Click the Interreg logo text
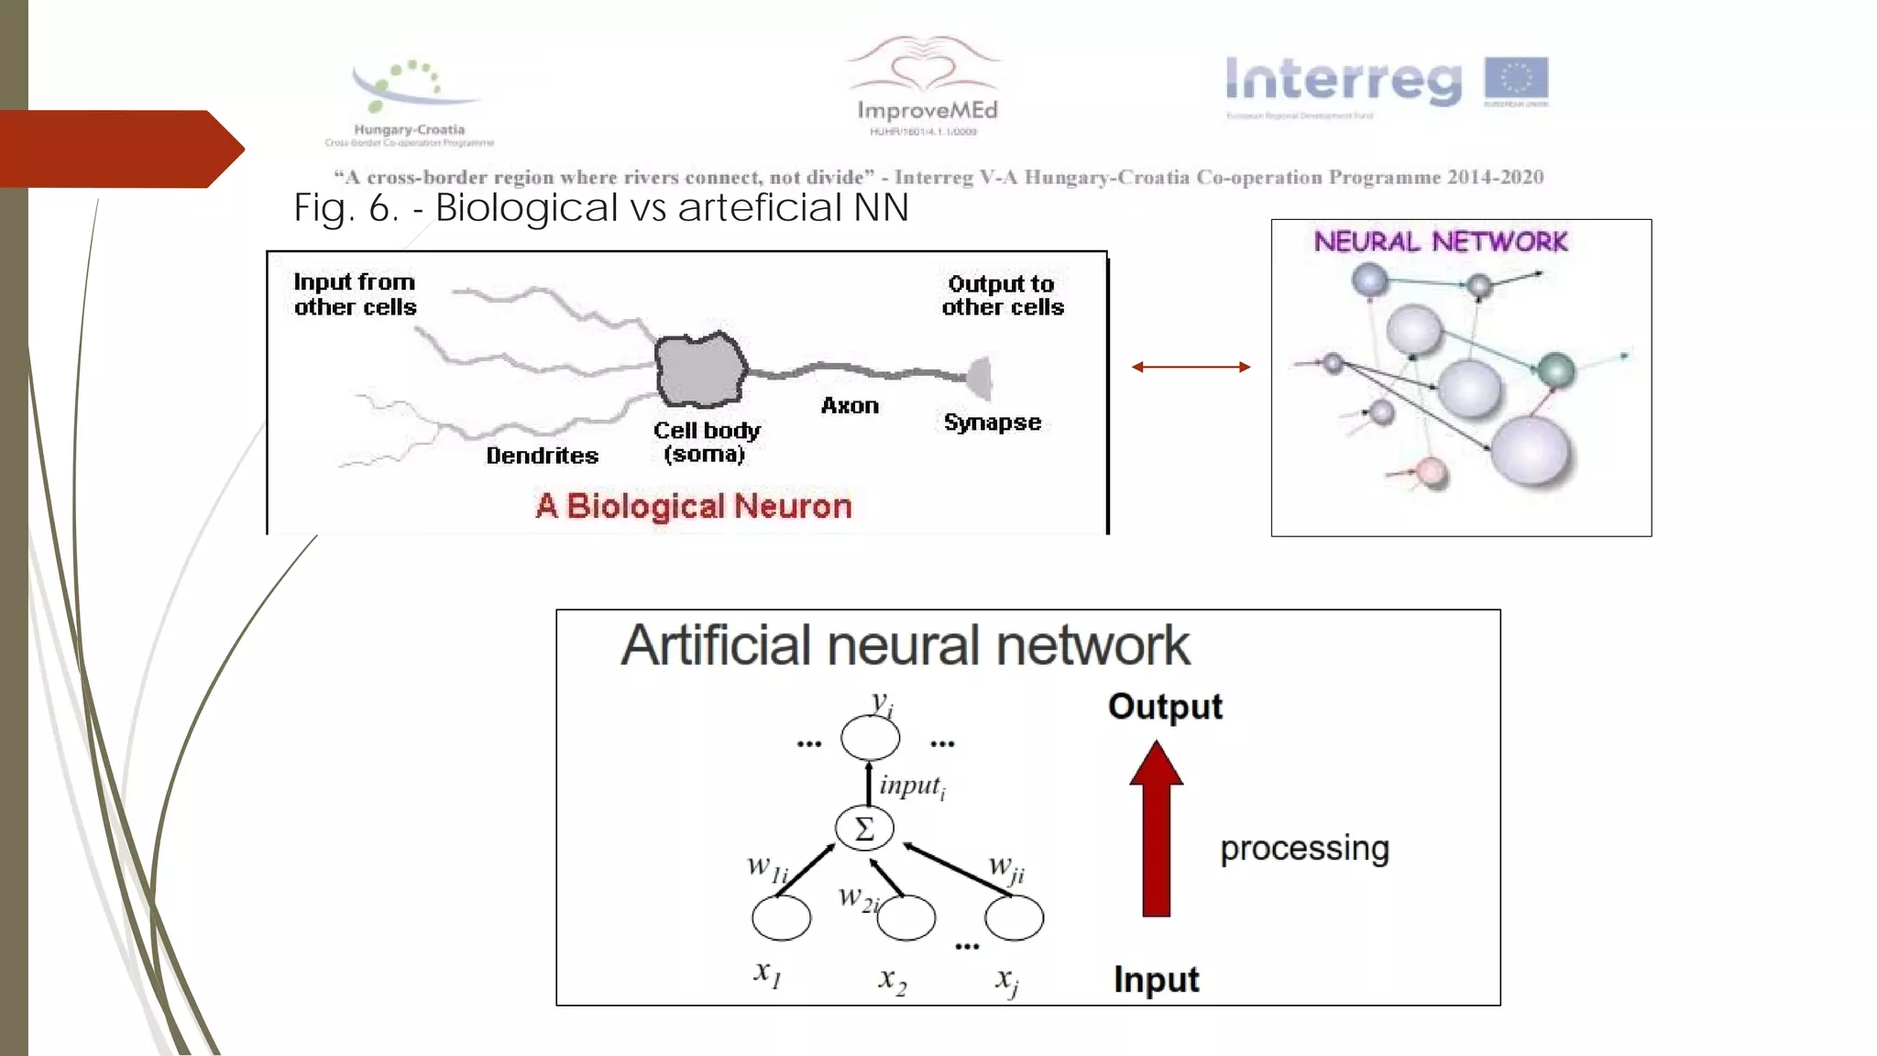[1344, 81]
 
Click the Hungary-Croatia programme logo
[410, 101]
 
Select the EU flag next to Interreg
[1516, 79]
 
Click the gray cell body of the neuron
[700, 369]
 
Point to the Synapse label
[993, 423]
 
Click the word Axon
[850, 405]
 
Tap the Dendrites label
[542, 456]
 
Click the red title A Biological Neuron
[694, 506]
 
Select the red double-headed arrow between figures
[1191, 367]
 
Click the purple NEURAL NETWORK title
[1440, 242]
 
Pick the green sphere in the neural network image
[1555, 370]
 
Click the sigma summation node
[863, 829]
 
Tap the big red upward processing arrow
[1156, 830]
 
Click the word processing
[1304, 849]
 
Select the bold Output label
[1165, 707]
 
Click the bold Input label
[1156, 980]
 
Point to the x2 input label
[892, 980]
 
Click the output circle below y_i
[870, 738]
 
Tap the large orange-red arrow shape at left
[119, 148]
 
